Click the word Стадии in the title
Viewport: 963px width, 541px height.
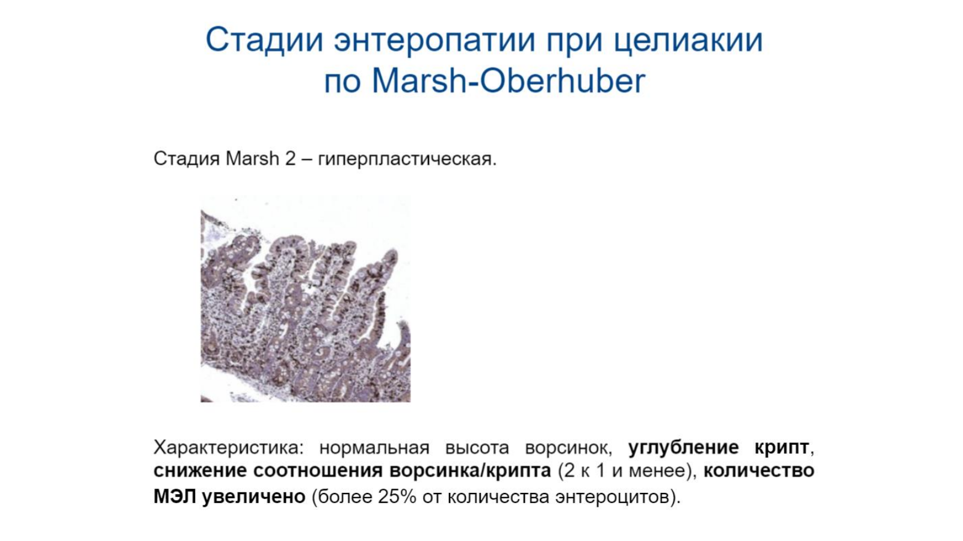pyautogui.click(x=264, y=40)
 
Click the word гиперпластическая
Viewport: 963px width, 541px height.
pyautogui.click(x=407, y=159)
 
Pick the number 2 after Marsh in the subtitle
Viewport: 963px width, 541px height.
pyautogui.click(x=290, y=159)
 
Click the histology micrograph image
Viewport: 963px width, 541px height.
pyautogui.click(x=306, y=299)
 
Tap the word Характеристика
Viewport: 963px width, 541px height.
pyautogui.click(x=228, y=448)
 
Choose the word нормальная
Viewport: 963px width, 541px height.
pyautogui.click(x=374, y=448)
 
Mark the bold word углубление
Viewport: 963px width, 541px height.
pyautogui.click(x=684, y=448)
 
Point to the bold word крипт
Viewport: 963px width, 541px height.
pyautogui.click(x=782, y=448)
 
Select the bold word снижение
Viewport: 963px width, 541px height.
pyautogui.click(x=199, y=471)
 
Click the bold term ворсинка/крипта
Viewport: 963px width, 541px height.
pyautogui.click(x=470, y=471)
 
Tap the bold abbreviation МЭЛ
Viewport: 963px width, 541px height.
pyautogui.click(x=175, y=497)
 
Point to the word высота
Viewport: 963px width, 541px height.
pyautogui.click(x=477, y=448)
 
